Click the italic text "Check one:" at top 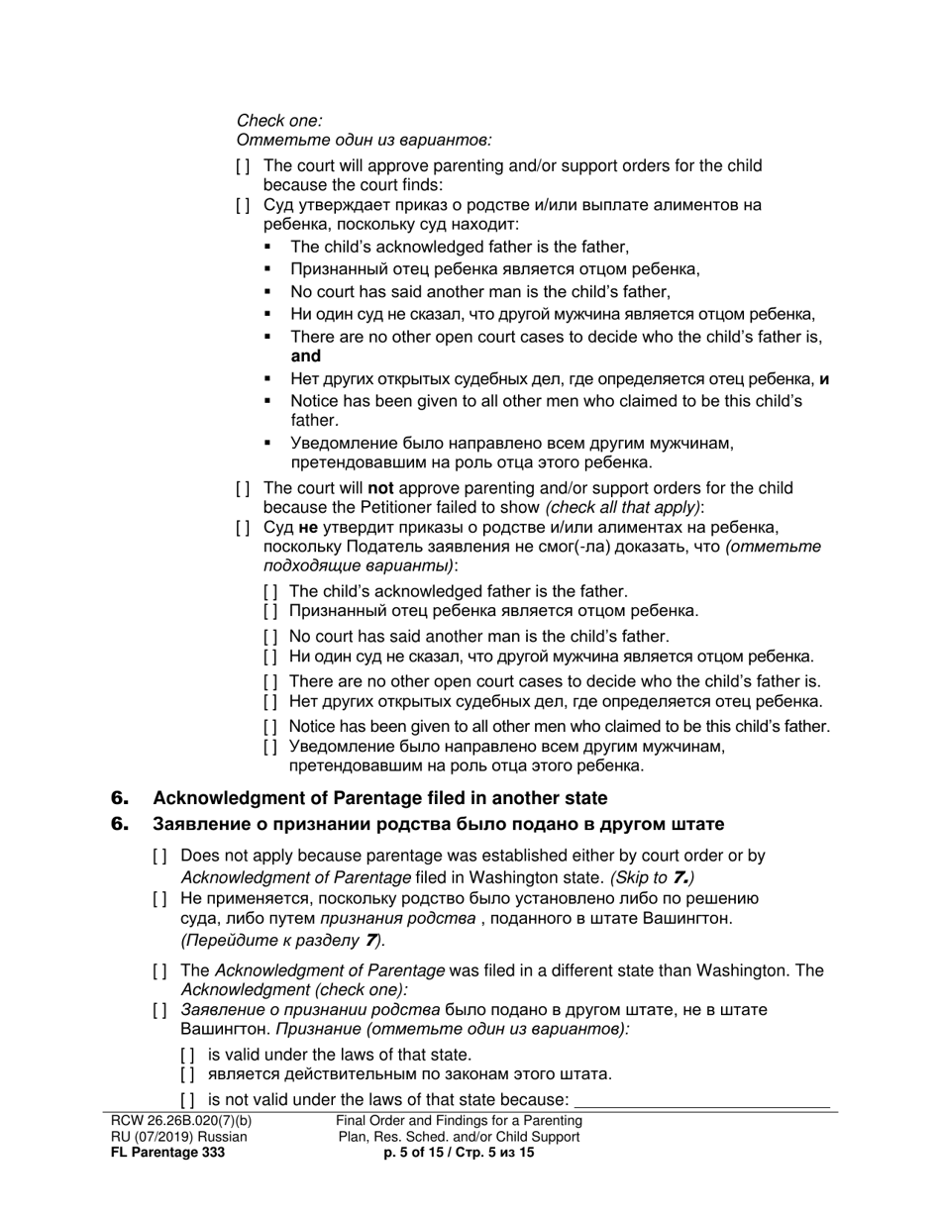tap(279, 121)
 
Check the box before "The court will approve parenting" tap(243, 166)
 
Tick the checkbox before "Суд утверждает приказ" tap(243, 206)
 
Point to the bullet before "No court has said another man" tap(268, 292)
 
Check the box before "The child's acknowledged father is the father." tap(270, 592)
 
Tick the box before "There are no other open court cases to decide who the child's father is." tap(270, 682)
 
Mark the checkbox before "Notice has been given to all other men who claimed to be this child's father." tap(270, 727)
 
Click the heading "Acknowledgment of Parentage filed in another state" tap(379, 798)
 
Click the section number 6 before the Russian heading tap(120, 824)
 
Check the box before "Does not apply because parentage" tap(160, 857)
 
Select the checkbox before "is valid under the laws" tap(187, 1055)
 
